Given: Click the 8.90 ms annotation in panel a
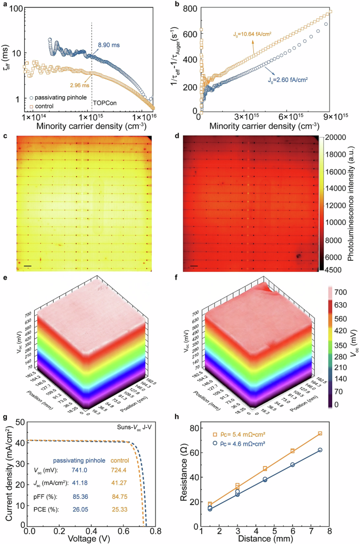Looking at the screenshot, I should tap(111, 46).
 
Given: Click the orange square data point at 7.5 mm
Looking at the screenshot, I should tap(320, 434).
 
